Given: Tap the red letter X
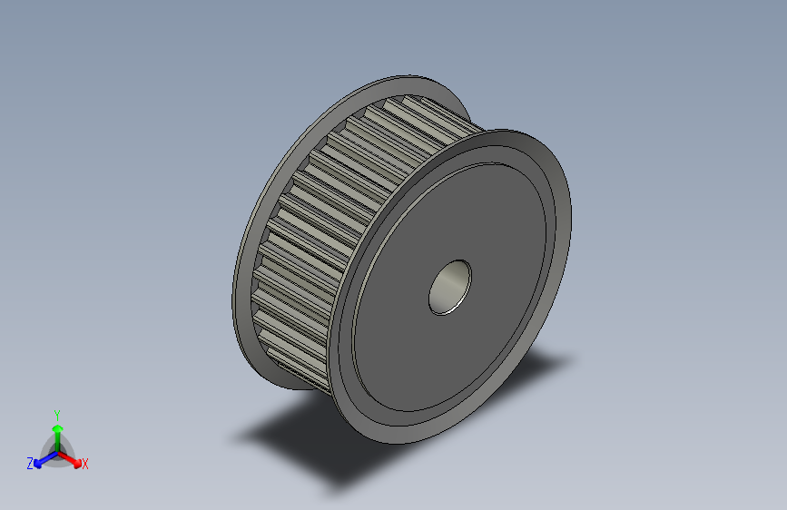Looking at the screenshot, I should click(85, 464).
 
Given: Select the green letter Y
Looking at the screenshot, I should click(56, 414).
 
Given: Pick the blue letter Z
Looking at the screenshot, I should click(30, 463).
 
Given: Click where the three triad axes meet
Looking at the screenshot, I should click(56, 450).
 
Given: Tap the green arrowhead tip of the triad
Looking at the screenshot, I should click(56, 424).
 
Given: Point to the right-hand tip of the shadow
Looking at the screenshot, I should click(574, 359).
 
